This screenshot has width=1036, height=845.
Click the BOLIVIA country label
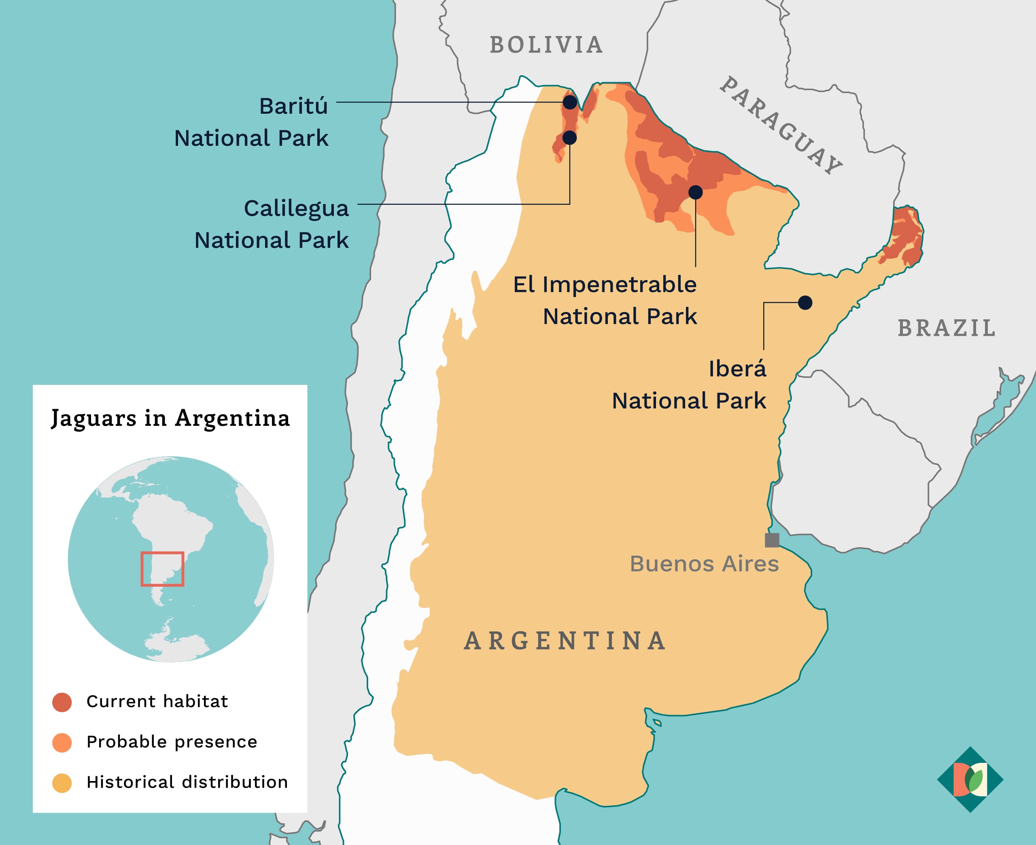(x=546, y=45)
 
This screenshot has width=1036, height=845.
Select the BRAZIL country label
(x=947, y=328)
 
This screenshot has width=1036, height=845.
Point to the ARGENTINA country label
(x=565, y=641)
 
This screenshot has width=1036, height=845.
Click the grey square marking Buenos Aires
(x=772, y=540)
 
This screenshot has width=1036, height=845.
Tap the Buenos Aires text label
(x=704, y=564)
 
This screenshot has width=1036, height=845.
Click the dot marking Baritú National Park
(x=570, y=102)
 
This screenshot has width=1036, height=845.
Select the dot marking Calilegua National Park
(x=569, y=138)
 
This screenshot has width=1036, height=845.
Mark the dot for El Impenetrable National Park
(x=695, y=192)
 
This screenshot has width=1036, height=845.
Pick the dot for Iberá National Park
(x=805, y=303)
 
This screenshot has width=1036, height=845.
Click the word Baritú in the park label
(x=293, y=106)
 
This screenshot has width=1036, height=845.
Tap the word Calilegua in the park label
(x=296, y=208)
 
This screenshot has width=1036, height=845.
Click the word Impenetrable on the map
(x=619, y=284)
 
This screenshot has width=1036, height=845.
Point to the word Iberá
(x=737, y=368)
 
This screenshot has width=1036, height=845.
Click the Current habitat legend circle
(x=62, y=703)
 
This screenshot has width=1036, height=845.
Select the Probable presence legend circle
(x=62, y=743)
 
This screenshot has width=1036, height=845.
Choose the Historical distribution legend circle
(x=62, y=783)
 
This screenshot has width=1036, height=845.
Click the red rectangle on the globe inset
(x=162, y=569)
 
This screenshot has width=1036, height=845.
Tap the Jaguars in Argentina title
(x=170, y=418)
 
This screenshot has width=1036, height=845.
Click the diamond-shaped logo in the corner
(x=970, y=779)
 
